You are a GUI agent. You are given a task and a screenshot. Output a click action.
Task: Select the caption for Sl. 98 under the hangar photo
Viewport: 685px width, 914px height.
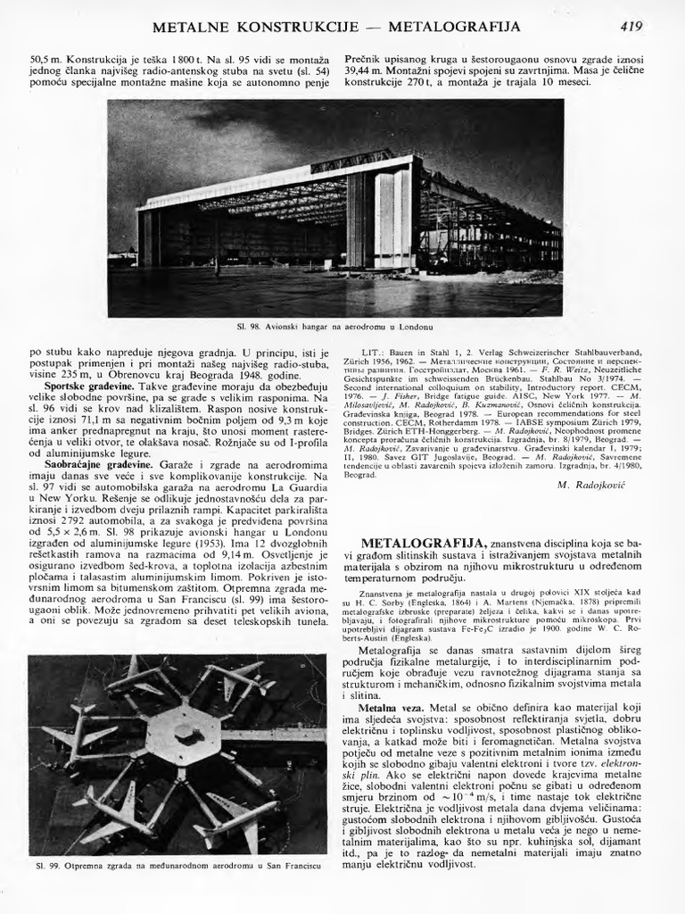(334, 328)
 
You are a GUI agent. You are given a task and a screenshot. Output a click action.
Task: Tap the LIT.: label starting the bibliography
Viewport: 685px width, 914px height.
(374, 353)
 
